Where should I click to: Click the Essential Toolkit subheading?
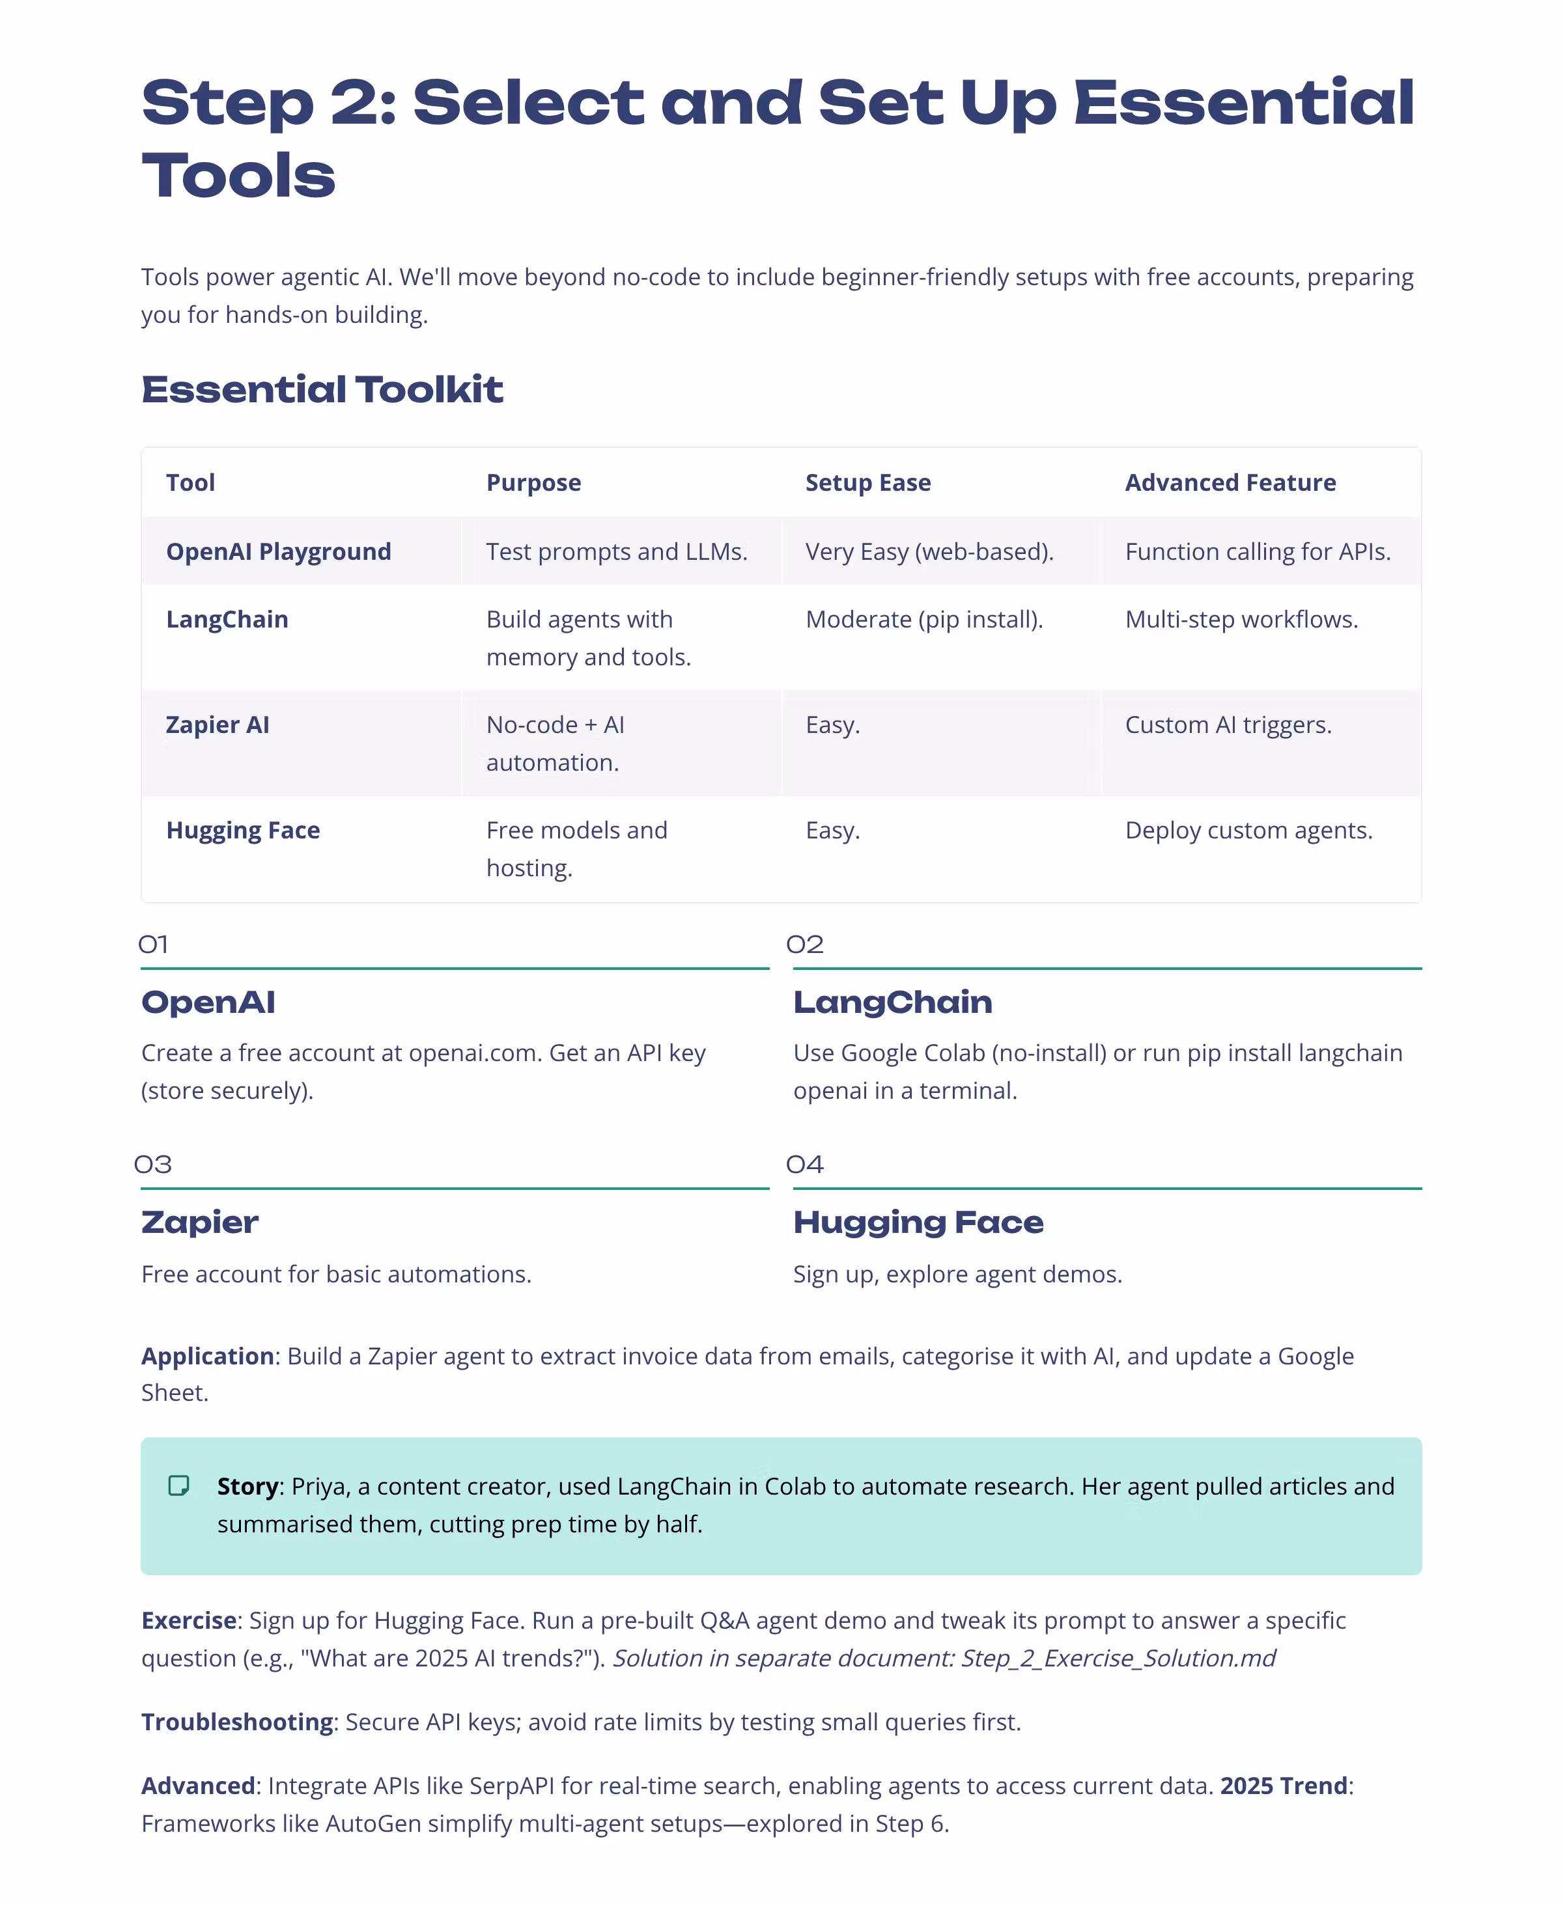click(x=322, y=390)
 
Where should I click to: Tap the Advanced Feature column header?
click(x=1230, y=483)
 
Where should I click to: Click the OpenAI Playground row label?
click(x=278, y=551)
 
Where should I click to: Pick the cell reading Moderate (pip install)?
click(x=923, y=620)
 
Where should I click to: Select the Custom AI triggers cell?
click(x=1228, y=725)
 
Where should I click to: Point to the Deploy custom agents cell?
click(x=1248, y=831)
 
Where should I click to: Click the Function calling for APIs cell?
click(x=1257, y=551)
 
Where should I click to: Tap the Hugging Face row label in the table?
click(x=243, y=831)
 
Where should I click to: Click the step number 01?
click(x=153, y=945)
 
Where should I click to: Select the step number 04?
click(x=804, y=1165)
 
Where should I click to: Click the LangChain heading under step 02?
click(x=892, y=1002)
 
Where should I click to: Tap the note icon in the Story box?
click(x=179, y=1485)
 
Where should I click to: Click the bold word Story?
click(x=247, y=1487)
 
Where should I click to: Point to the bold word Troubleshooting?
click(x=237, y=1722)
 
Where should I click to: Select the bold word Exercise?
click(x=189, y=1621)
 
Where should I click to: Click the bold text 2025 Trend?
click(x=1283, y=1786)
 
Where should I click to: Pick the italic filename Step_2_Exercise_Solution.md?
click(x=1118, y=1659)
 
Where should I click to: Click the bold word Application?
click(x=207, y=1356)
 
